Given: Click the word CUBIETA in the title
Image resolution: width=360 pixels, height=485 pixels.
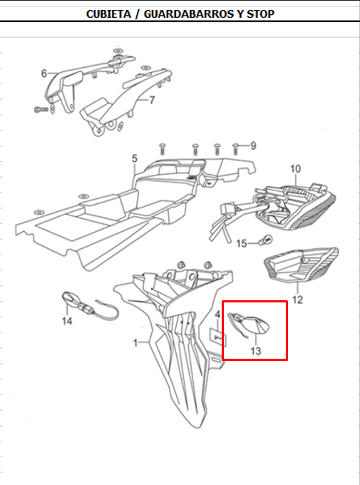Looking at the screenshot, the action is (x=108, y=14).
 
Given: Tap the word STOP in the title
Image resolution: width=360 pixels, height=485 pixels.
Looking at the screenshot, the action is (x=260, y=14).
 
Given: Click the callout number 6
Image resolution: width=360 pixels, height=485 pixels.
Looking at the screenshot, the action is (x=44, y=73).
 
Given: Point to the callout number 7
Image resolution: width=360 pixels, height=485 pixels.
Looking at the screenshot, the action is (x=152, y=101).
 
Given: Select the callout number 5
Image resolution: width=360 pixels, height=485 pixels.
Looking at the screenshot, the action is (x=135, y=158).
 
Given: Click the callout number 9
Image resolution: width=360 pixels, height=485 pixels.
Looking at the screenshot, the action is (x=253, y=145).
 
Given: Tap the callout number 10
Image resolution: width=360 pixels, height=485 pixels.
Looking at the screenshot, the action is (x=295, y=169).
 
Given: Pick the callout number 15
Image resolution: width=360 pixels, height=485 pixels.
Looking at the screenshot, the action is (x=242, y=244).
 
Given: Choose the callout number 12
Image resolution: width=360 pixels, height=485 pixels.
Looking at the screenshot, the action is (x=297, y=300).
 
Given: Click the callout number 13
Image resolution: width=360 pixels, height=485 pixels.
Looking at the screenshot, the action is (x=256, y=351).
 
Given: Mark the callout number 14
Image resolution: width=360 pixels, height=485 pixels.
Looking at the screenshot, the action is (x=67, y=321).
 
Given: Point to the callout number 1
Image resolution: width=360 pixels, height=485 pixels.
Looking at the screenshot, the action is (x=135, y=343).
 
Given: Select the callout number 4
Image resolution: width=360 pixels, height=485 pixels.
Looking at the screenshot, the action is (x=217, y=315).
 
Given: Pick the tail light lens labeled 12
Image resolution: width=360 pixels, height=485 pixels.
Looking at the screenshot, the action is (x=302, y=265).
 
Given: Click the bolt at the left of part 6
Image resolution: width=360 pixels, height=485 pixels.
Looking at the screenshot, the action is (x=41, y=109).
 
